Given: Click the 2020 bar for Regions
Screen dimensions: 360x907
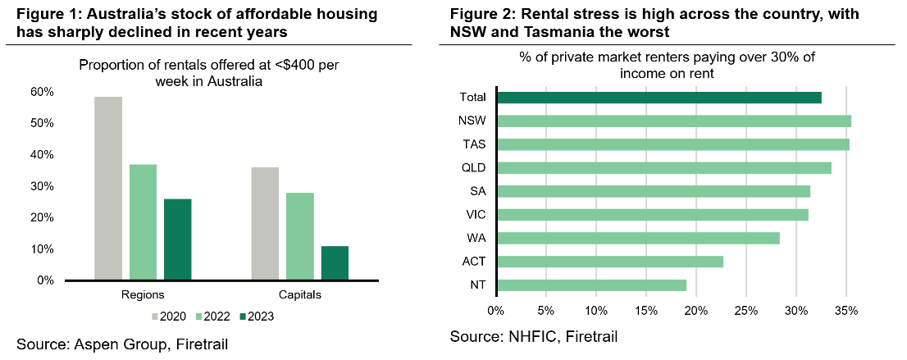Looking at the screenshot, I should point(108,189).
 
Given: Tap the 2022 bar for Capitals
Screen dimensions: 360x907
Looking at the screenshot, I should point(300,236).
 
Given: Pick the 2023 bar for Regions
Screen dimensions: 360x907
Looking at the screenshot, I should point(177,239).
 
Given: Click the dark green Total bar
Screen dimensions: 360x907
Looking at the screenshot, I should point(659,98).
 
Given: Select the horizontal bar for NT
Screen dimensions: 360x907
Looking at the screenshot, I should point(591,285).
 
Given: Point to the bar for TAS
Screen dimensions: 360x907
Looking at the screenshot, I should point(673,144).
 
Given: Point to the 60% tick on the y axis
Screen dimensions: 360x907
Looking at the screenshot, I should point(43,92).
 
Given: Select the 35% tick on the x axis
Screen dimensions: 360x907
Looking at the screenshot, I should point(846,311).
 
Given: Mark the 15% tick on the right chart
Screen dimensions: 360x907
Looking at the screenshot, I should point(645,311).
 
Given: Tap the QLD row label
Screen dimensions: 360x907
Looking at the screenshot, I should point(473,168).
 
